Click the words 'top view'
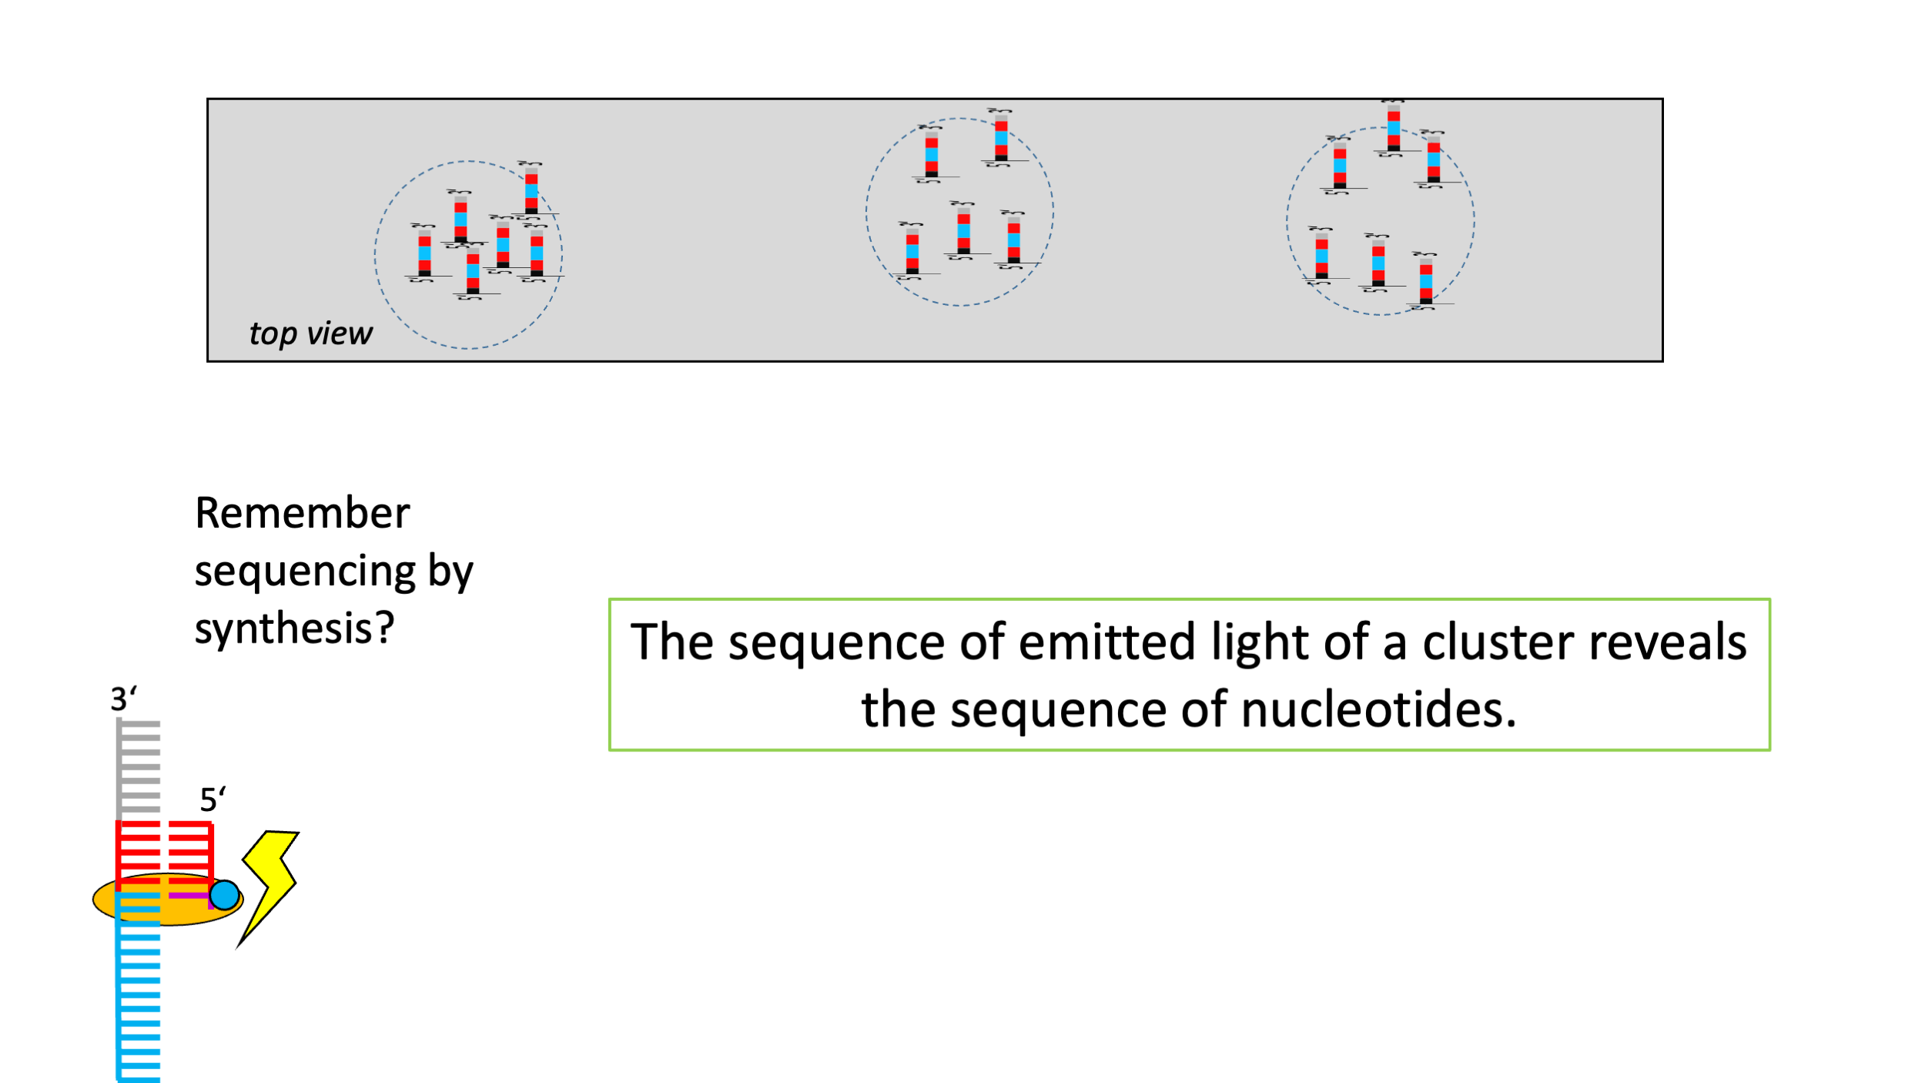pos(310,334)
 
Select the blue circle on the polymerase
pos(224,895)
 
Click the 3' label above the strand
pos(123,699)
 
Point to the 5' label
pos(213,800)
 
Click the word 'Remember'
pos(302,513)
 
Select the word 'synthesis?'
pos(294,629)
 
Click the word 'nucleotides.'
pos(1378,709)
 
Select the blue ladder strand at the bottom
pos(139,1001)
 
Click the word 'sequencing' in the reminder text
pos(305,572)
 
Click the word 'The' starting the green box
pos(669,642)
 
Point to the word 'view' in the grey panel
pos(340,334)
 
